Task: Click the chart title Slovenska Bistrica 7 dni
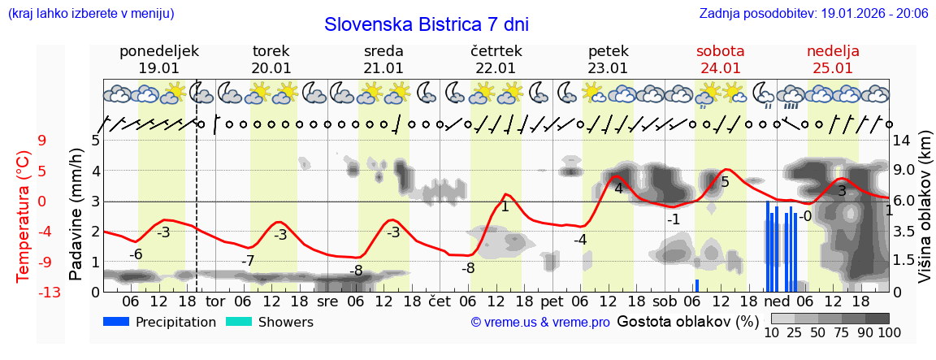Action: point(426,24)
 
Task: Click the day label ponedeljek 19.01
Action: point(159,59)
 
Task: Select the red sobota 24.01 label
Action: point(720,59)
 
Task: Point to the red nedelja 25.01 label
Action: point(833,59)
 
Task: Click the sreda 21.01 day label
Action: point(383,59)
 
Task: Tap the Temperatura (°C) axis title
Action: point(23,215)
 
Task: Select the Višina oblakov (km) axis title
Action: point(924,215)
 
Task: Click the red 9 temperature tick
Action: point(42,141)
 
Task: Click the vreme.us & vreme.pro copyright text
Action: point(540,323)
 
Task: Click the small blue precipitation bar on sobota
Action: point(696,285)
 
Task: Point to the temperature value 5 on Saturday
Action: point(725,182)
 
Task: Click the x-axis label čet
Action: point(439,301)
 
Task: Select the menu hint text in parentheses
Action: point(90,13)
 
